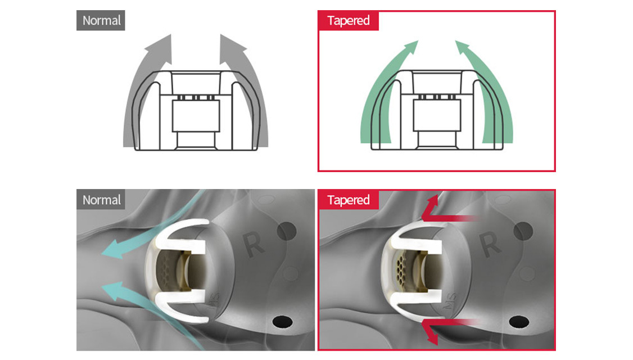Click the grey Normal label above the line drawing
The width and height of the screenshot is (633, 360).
pos(101,21)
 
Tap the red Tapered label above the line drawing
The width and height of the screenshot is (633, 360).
pos(348,21)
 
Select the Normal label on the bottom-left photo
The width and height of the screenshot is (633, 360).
pos(101,200)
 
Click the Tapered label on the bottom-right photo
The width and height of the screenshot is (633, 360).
pos(348,200)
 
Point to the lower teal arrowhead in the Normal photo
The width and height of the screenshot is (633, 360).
pos(113,290)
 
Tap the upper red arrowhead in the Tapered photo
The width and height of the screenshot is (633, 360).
pos(432,204)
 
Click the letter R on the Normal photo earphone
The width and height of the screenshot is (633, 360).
pos(254,244)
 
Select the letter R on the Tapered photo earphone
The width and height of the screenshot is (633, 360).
pos(490,244)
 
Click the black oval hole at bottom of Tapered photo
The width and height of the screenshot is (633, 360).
pos(519,322)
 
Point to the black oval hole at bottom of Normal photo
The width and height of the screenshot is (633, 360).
pos(283,322)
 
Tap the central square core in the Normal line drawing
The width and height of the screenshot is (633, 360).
pos(196,116)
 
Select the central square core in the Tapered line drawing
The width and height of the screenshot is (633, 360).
pos(437,115)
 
